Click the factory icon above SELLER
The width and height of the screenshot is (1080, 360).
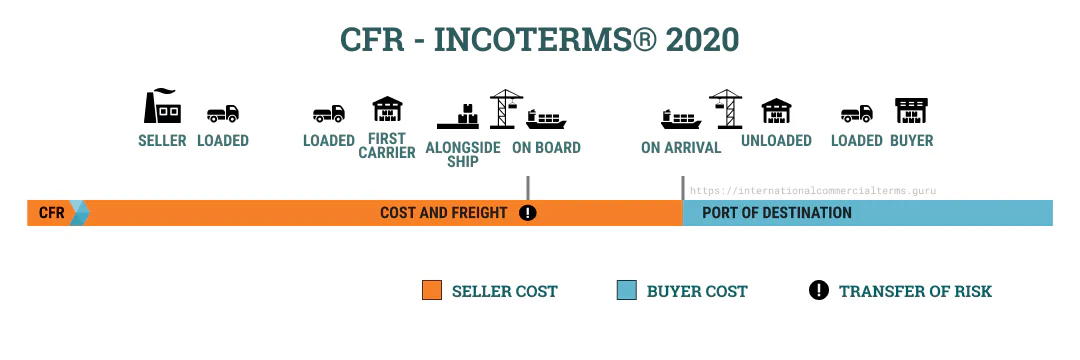(x=162, y=106)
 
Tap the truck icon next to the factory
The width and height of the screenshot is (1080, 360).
(x=222, y=114)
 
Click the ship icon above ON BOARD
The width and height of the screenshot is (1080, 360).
(x=546, y=118)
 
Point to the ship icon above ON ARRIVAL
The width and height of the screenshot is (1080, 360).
(x=681, y=118)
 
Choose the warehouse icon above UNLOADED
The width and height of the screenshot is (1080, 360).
(x=776, y=112)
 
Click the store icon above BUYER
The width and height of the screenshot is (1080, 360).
(x=911, y=112)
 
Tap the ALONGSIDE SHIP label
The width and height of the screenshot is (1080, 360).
(x=461, y=154)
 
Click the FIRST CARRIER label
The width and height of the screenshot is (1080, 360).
(x=386, y=146)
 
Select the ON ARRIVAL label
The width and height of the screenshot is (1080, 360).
(x=681, y=148)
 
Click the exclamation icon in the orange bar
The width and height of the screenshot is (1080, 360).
(x=528, y=213)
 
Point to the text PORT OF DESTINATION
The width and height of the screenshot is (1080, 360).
(x=776, y=213)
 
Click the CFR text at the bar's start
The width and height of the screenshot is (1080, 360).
(x=51, y=213)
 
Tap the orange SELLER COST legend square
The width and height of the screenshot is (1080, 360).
(x=432, y=291)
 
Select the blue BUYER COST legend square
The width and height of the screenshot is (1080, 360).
(x=627, y=291)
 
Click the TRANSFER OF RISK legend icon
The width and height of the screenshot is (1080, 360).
(x=818, y=291)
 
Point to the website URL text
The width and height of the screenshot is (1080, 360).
(x=812, y=190)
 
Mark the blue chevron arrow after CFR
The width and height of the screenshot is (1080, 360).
(x=80, y=213)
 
